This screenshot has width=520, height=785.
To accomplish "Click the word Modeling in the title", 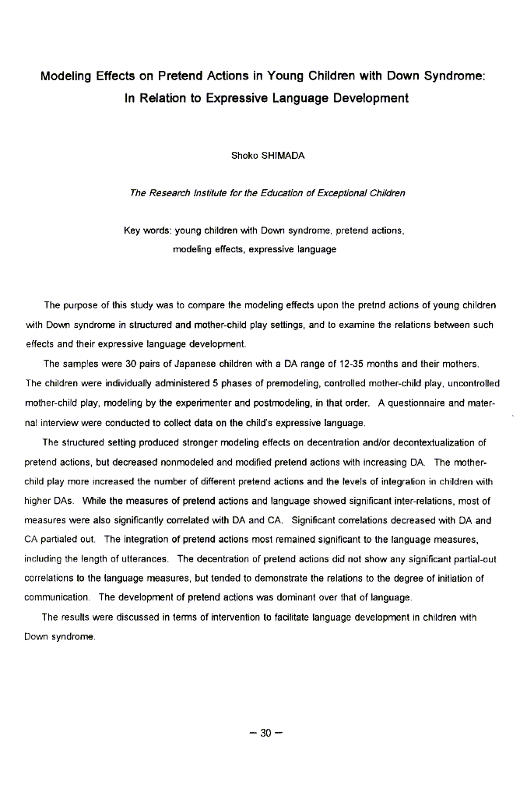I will point(67,76).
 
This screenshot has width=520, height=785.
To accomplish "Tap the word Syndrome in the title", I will point(454,76).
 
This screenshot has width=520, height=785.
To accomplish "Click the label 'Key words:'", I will point(147,231).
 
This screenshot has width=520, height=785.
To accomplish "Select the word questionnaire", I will point(425,403).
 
